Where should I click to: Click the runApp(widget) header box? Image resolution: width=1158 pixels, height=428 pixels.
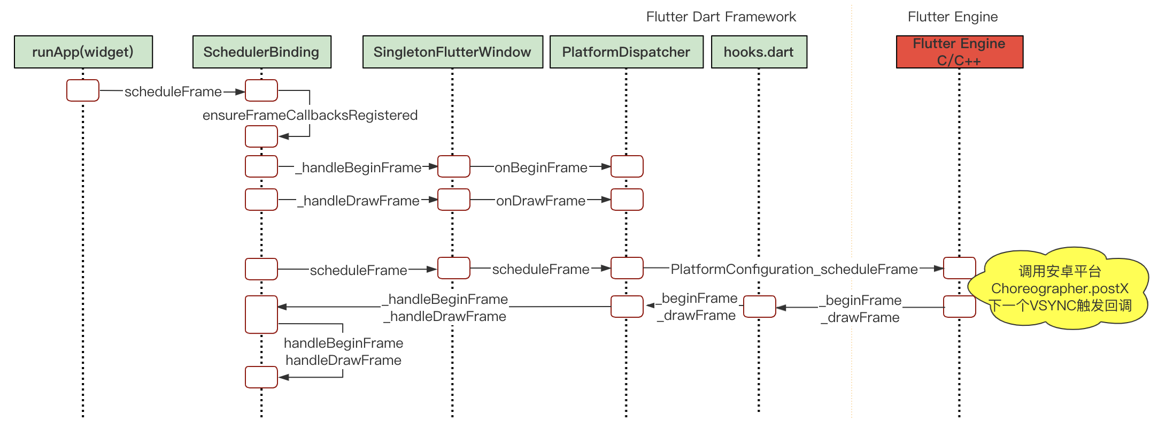tap(83, 52)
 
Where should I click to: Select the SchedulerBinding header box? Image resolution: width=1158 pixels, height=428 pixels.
tap(262, 52)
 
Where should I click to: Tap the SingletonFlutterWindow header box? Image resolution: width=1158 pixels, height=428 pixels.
tap(453, 52)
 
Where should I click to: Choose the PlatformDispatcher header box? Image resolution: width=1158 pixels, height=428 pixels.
tap(627, 52)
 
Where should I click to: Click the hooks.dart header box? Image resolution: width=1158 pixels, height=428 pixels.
tap(759, 52)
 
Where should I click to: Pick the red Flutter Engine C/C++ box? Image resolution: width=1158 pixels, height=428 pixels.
tap(960, 52)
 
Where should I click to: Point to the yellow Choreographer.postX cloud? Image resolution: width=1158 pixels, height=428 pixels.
tap(1060, 288)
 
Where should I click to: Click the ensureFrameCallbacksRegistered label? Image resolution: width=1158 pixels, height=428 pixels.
tap(310, 115)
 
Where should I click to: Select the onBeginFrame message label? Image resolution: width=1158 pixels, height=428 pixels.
tap(541, 167)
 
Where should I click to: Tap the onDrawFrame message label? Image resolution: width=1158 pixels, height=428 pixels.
tap(541, 201)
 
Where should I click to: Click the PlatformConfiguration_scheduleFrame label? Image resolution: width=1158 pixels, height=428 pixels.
tap(794, 269)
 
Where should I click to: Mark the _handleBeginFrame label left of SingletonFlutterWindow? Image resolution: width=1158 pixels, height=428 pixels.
tap(358, 167)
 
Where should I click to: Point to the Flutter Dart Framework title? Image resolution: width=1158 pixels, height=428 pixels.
tap(721, 17)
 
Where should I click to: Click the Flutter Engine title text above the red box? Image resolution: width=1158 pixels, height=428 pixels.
tap(953, 17)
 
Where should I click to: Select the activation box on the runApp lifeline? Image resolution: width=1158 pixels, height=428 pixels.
tap(83, 90)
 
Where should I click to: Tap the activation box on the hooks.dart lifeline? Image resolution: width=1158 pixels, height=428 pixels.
tap(760, 307)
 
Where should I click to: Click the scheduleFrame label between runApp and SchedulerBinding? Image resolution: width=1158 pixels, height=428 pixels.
tap(173, 91)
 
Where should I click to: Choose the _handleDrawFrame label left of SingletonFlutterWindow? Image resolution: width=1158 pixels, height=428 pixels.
tap(358, 201)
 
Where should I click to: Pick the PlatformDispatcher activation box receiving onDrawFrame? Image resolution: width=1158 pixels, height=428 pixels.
tap(627, 200)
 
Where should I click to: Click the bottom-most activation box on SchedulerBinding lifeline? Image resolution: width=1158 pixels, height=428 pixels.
tap(261, 377)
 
